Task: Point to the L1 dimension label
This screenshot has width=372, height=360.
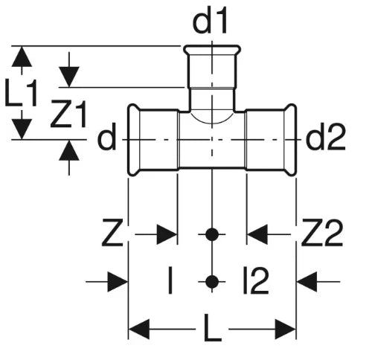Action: (x=21, y=92)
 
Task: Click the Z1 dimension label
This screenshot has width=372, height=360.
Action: (x=68, y=114)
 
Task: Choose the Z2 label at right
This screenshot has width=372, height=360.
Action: (x=322, y=233)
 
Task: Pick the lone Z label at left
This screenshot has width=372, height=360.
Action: (x=112, y=233)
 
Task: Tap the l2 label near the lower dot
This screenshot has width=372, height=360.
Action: (x=256, y=280)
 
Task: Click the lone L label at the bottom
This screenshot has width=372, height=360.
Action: (x=212, y=328)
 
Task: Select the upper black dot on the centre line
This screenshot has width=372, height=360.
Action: (x=212, y=234)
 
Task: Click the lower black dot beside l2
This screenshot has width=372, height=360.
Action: (x=212, y=282)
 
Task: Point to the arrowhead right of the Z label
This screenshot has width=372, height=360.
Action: (x=167, y=234)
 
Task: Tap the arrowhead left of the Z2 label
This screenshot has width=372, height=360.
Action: (x=257, y=234)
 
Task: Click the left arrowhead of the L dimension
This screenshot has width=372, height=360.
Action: (x=139, y=330)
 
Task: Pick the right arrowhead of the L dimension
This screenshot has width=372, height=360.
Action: (x=286, y=330)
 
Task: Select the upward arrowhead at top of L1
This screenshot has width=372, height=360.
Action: (x=22, y=57)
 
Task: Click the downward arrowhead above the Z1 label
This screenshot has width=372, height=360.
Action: (x=69, y=77)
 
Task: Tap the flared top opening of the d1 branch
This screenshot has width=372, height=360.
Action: (x=212, y=49)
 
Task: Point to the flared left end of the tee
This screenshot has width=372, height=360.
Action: (x=134, y=140)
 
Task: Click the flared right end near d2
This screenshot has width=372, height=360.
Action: (x=290, y=140)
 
